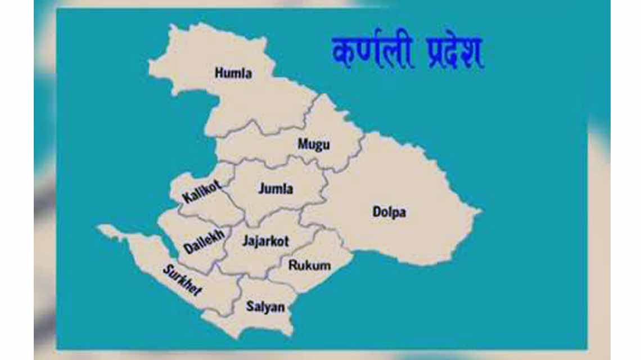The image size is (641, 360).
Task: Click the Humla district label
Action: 233,73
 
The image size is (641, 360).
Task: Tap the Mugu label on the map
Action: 314,145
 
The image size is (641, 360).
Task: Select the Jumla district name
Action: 276,189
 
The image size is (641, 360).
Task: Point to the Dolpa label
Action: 389,212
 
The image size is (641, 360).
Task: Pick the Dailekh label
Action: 204,241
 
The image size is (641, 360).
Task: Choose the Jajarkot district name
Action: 265,241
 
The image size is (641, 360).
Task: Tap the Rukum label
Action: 309,265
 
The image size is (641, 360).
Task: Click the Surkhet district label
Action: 182,280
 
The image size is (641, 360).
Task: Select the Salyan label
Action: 265,307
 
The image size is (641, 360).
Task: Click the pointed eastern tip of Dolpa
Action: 480,212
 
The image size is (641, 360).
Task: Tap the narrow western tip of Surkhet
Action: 100,228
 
